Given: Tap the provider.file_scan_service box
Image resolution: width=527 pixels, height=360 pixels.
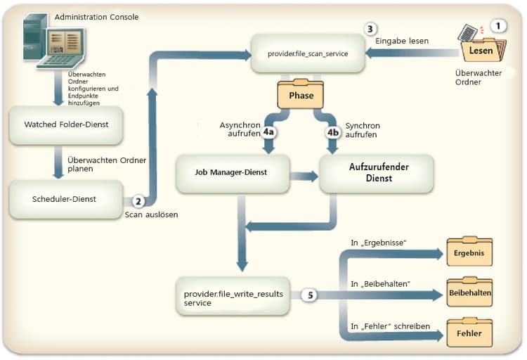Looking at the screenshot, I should coord(308,53).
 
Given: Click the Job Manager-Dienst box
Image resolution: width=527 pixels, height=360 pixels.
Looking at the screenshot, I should coord(233,172).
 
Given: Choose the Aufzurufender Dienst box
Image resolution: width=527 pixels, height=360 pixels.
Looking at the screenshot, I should coord(377,172).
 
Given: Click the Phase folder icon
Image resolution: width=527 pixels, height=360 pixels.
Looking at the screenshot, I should coord(300,94).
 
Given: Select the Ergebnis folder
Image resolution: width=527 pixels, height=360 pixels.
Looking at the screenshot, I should coord(469,252).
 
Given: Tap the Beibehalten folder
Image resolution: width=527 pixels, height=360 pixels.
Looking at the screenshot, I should coord(469,291).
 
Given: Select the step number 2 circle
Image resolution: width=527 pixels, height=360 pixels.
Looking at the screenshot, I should coord(138,200).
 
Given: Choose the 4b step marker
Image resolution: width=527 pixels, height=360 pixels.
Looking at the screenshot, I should coord(332,131).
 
